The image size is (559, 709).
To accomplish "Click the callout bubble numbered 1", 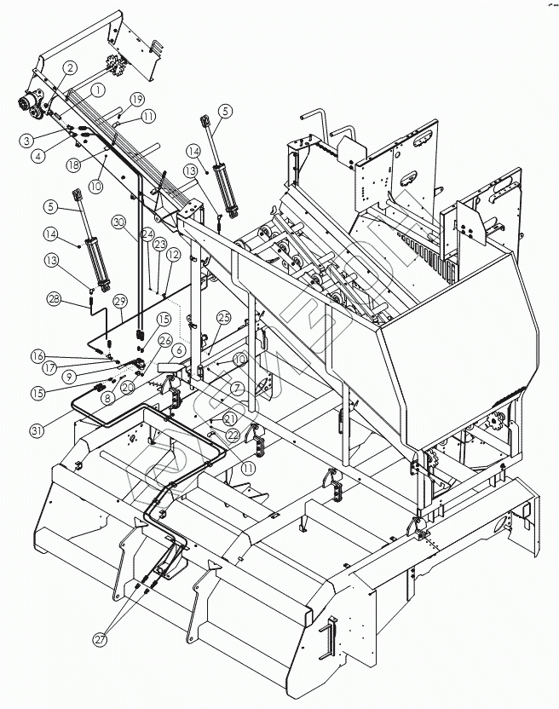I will (98, 89).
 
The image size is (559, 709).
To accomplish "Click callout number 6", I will (180, 349).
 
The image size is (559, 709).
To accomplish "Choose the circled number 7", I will (237, 388).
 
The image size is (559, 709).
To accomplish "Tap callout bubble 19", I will (137, 101).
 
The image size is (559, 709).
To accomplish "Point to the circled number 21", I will (230, 419).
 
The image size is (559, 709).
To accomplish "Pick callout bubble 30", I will (118, 221).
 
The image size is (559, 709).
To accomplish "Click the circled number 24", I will (148, 233).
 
